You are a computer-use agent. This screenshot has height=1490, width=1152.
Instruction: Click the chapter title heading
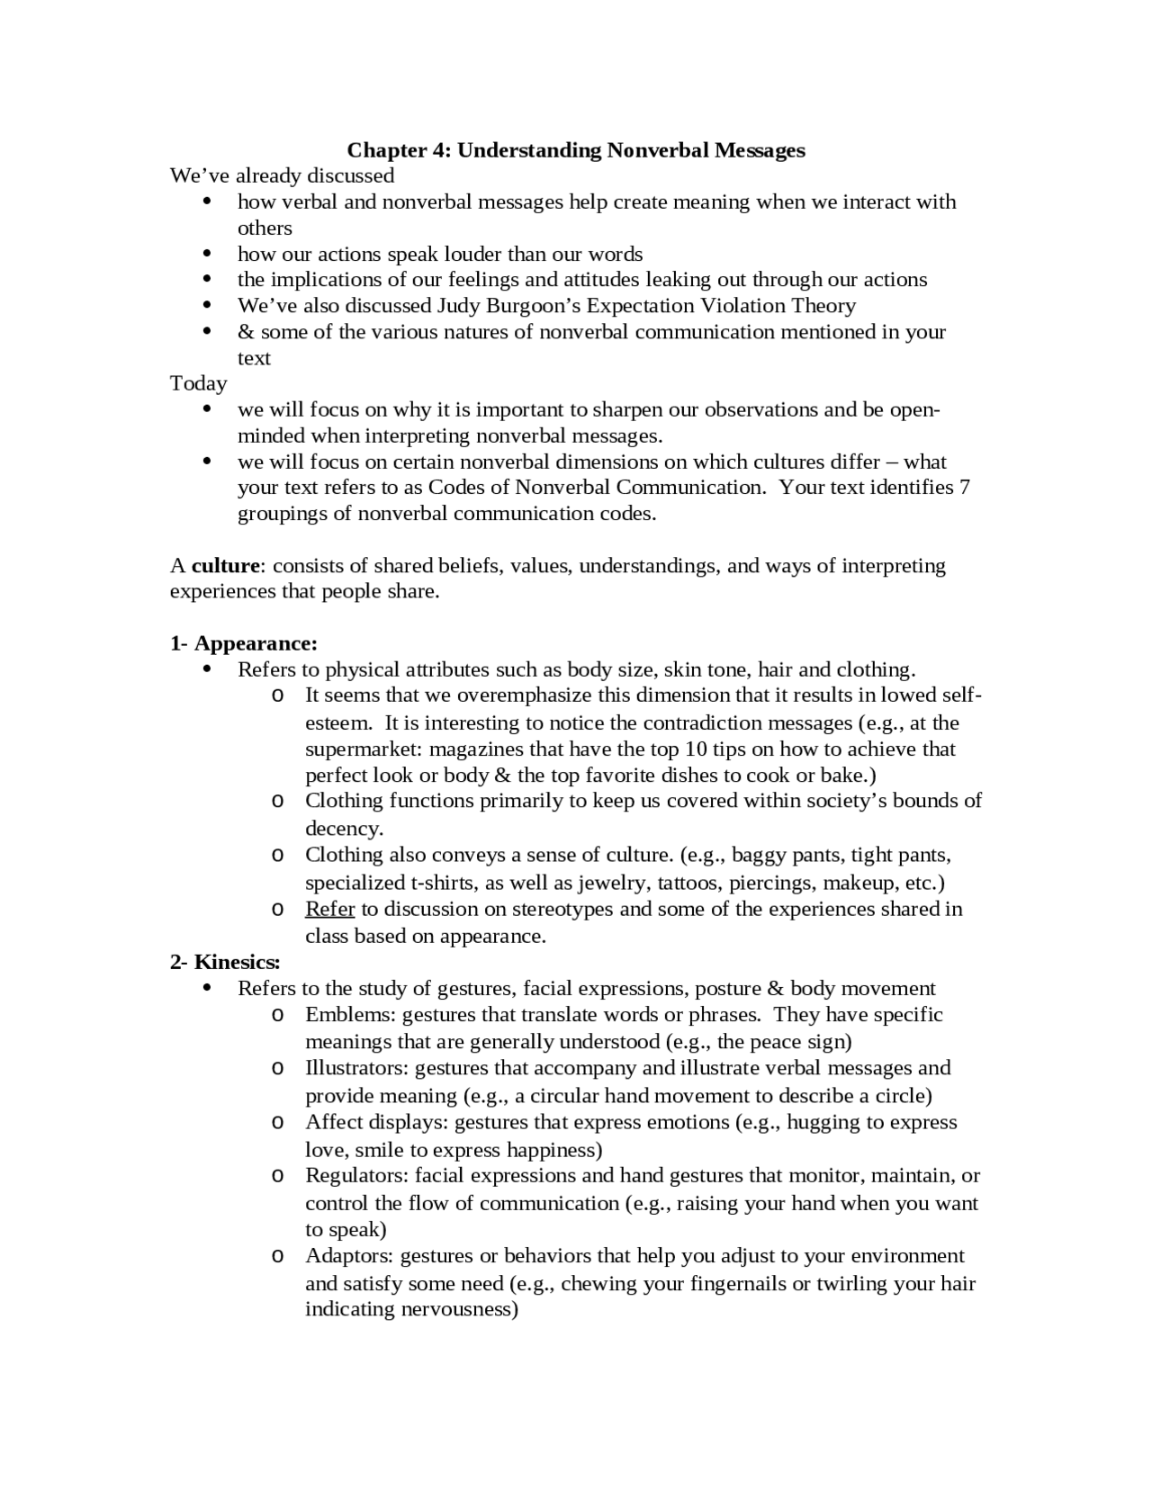tap(576, 150)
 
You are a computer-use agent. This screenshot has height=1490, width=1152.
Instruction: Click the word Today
tap(199, 383)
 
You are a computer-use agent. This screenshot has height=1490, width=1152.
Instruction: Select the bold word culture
tap(226, 566)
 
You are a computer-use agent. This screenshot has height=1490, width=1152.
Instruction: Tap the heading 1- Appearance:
tap(244, 643)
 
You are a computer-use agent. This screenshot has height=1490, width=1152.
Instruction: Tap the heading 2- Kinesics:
tap(226, 962)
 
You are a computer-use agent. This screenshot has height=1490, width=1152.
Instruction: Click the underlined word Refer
tap(329, 909)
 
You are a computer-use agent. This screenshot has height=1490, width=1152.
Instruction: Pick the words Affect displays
tap(377, 1122)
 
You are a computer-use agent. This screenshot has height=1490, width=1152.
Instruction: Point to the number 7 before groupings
tap(965, 488)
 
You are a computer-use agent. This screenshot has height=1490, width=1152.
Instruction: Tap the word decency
tap(343, 828)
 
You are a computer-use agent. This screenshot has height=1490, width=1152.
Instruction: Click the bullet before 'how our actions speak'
tap(208, 254)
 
